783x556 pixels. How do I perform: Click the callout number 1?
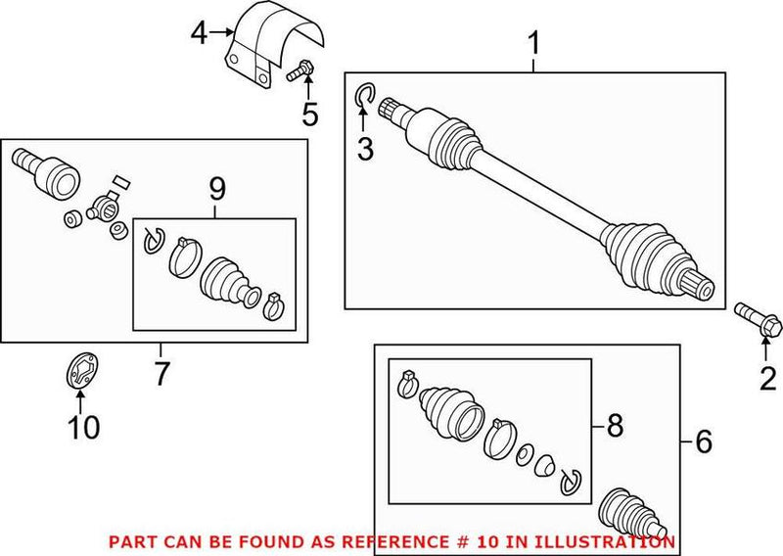pos(533,44)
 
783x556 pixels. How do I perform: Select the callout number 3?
pos(364,149)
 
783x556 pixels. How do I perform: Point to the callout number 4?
pos(200,34)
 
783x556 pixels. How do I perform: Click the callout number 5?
pos(309,115)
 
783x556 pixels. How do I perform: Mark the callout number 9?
pos(216,186)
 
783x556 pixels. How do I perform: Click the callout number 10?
pos(82,427)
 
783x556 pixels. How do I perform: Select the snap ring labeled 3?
pos(363,94)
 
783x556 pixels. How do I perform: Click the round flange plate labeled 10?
pos(78,372)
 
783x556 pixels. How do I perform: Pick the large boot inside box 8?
pos(450,411)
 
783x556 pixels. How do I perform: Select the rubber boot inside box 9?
pos(226,278)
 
